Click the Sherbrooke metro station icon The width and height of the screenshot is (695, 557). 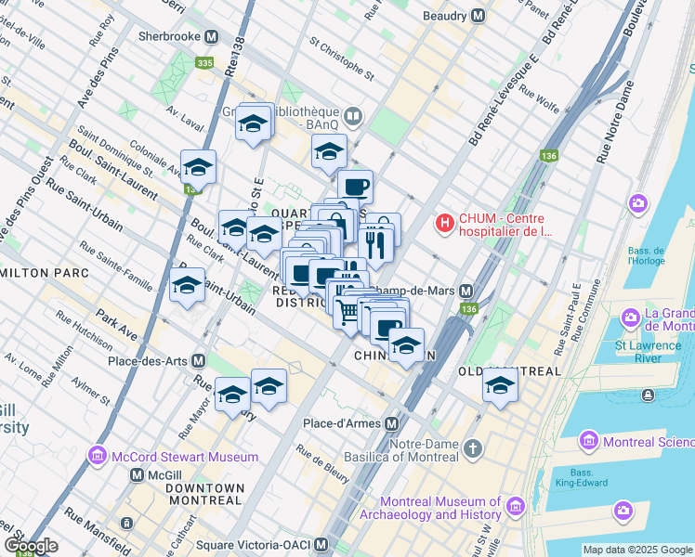[212, 38]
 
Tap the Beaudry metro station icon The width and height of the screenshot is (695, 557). [478, 16]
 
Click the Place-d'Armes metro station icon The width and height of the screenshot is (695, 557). [392, 423]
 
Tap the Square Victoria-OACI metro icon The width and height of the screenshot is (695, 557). [321, 544]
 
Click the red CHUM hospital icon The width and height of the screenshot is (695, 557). [445, 224]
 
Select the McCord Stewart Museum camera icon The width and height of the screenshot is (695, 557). [97, 457]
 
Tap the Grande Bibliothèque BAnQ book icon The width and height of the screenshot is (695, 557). [352, 117]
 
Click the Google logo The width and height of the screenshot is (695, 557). [31, 546]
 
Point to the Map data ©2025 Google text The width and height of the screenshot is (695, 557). [636, 550]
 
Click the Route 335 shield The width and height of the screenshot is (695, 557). [204, 63]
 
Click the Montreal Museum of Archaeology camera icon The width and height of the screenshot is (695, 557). [515, 507]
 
